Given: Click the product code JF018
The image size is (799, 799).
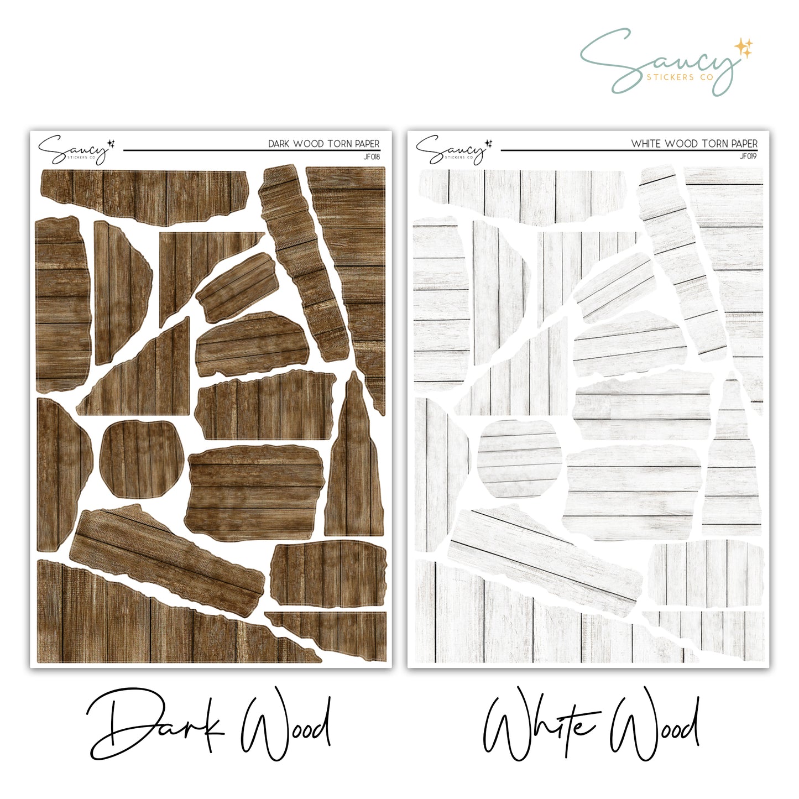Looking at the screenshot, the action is coord(372,156).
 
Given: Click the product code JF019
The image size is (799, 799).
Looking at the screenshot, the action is coord(749,156).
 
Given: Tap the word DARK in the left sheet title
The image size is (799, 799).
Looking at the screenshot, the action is coord(280,144).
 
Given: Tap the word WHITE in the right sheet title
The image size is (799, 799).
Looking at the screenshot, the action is coord(646,144).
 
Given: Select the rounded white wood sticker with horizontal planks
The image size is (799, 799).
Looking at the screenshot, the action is coord(519,459).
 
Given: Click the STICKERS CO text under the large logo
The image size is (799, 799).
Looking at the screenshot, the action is coord(680,77).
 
